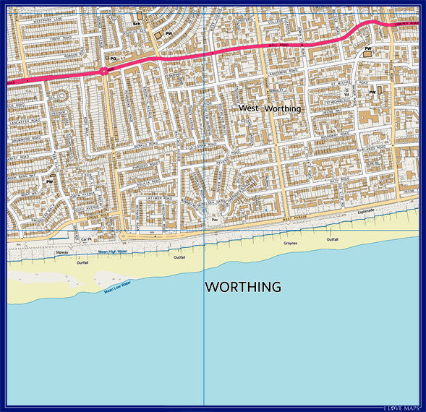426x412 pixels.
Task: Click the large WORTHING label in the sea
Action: [243, 287]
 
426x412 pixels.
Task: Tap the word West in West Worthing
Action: [249, 108]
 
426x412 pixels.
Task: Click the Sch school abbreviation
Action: [135, 24]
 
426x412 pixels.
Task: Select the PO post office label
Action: [113, 58]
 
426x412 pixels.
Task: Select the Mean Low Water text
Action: [116, 287]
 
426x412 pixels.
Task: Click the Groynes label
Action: [290, 244]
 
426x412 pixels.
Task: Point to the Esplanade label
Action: [368, 212]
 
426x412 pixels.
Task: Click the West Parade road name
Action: [296, 219]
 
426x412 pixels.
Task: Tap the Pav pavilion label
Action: [214, 219]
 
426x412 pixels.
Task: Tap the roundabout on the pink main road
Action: [105, 71]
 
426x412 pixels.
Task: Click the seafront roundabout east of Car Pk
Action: [123, 236]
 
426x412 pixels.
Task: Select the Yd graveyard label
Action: [346, 95]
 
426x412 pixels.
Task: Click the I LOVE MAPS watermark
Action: [401, 408]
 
